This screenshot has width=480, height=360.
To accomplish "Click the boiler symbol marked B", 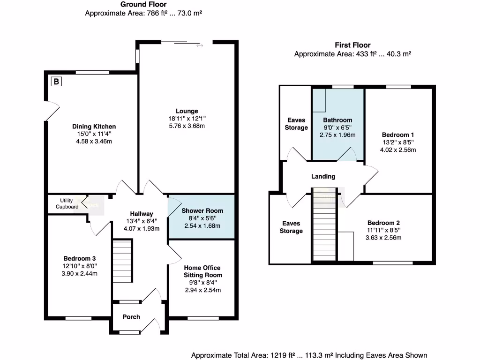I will pyautogui.click(x=56, y=82).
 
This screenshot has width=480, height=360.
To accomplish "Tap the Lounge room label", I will pyautogui.click(x=187, y=111).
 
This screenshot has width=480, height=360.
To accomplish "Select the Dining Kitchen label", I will pyautogui.click(x=94, y=127).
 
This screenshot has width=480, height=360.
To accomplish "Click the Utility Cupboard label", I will pyautogui.click(x=67, y=203).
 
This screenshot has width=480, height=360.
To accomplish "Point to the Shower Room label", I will pyautogui.click(x=202, y=211).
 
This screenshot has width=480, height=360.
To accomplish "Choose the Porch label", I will pyautogui.click(x=131, y=317).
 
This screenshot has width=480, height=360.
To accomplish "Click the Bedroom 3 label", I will pyautogui.click(x=80, y=258).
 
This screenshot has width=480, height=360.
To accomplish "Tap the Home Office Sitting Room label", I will pyautogui.click(x=202, y=271).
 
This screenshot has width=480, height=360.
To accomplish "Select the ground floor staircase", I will pyautogui.click(x=122, y=261).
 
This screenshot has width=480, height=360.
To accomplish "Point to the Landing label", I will pyautogui.click(x=323, y=177).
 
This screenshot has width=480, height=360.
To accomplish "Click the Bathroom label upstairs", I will pyautogui.click(x=337, y=120).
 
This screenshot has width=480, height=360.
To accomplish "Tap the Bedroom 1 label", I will pyautogui.click(x=398, y=134).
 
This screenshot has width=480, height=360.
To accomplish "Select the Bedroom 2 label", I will pyautogui.click(x=384, y=223).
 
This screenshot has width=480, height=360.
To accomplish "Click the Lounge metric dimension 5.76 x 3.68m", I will pyautogui.click(x=187, y=126).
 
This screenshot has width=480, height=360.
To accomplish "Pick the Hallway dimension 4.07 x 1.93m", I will pyautogui.click(x=142, y=229).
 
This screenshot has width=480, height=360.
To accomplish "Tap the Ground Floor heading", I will pyautogui.click(x=143, y=4).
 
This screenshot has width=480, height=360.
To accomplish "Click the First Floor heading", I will pyautogui.click(x=352, y=45).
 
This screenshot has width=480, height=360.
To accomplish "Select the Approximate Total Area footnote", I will pyautogui.click(x=309, y=355).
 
